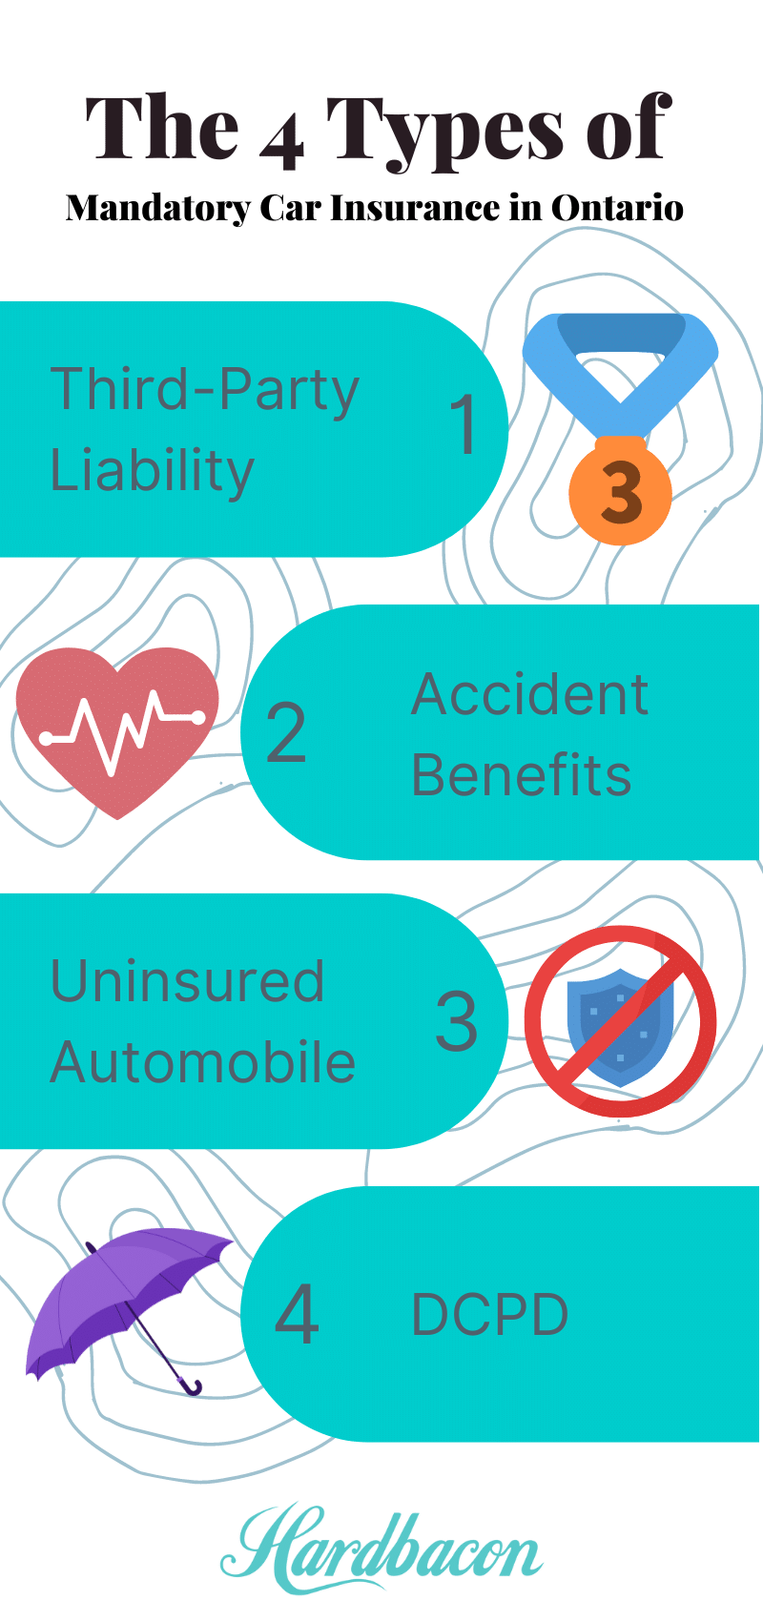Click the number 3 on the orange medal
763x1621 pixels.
621,494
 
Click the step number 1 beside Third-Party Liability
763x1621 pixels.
464,423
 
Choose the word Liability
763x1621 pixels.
153,470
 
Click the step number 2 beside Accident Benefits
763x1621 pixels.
286,732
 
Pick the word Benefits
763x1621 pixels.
522,774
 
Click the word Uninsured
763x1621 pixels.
187,981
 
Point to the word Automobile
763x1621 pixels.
202,1062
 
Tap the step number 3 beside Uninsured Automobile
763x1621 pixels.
456,1021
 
